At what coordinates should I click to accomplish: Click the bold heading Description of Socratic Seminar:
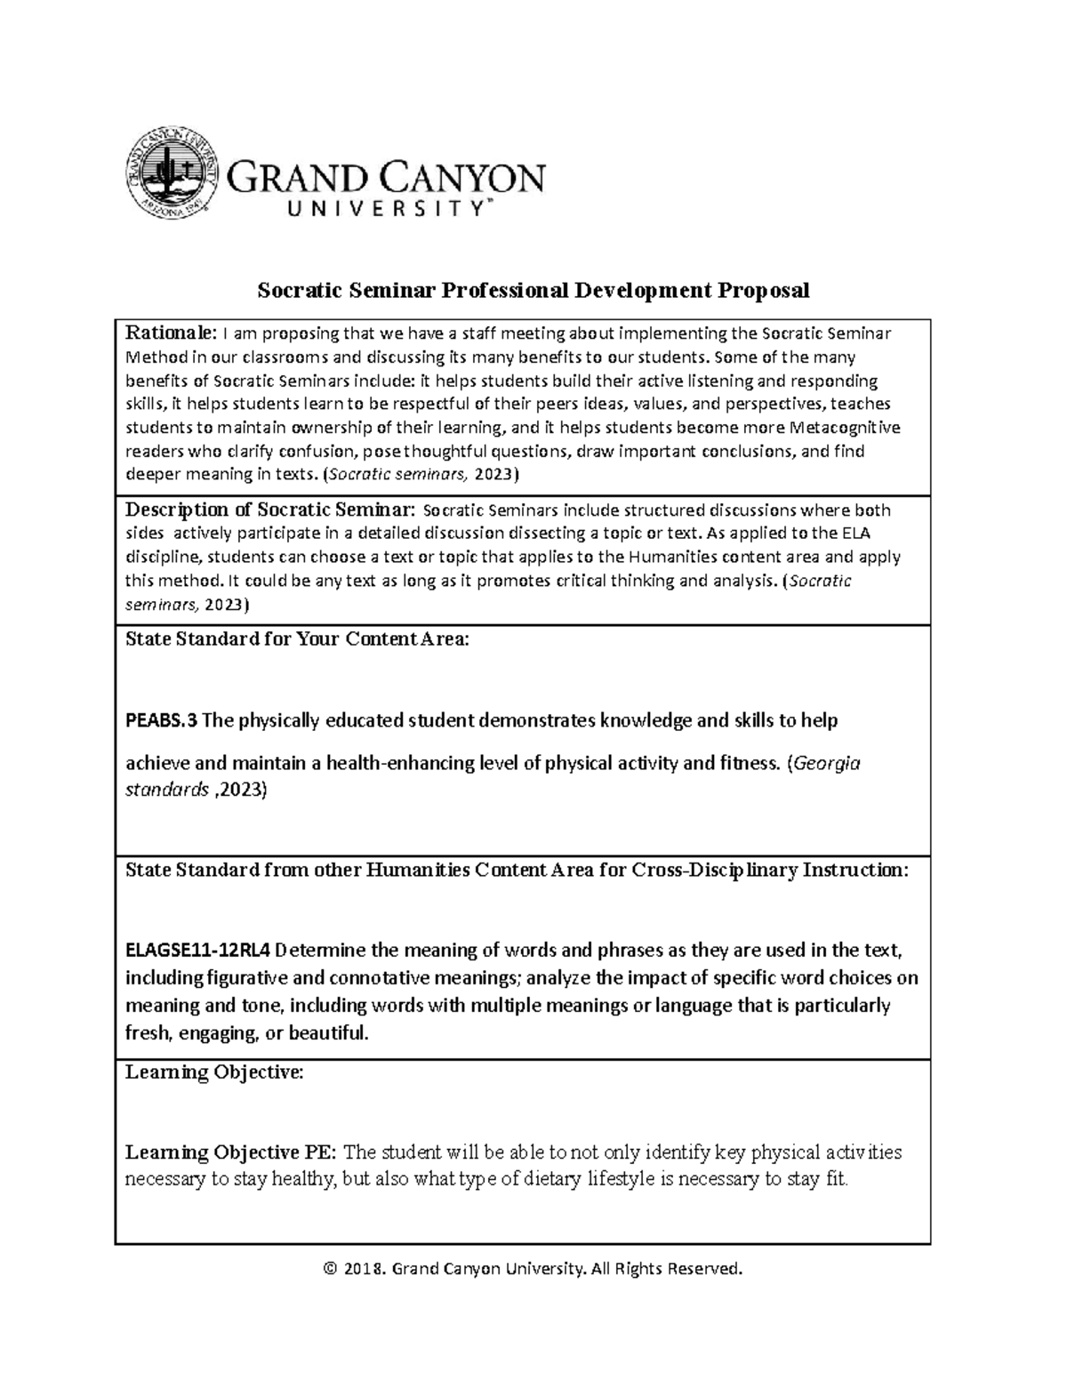pos(270,510)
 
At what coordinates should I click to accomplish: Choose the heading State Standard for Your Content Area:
pos(297,639)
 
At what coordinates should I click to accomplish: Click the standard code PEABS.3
pos(161,720)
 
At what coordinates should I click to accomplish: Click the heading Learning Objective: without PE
pos(214,1072)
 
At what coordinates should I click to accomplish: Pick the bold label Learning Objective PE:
pos(231,1152)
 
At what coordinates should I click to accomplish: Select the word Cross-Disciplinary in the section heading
pos(714,870)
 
